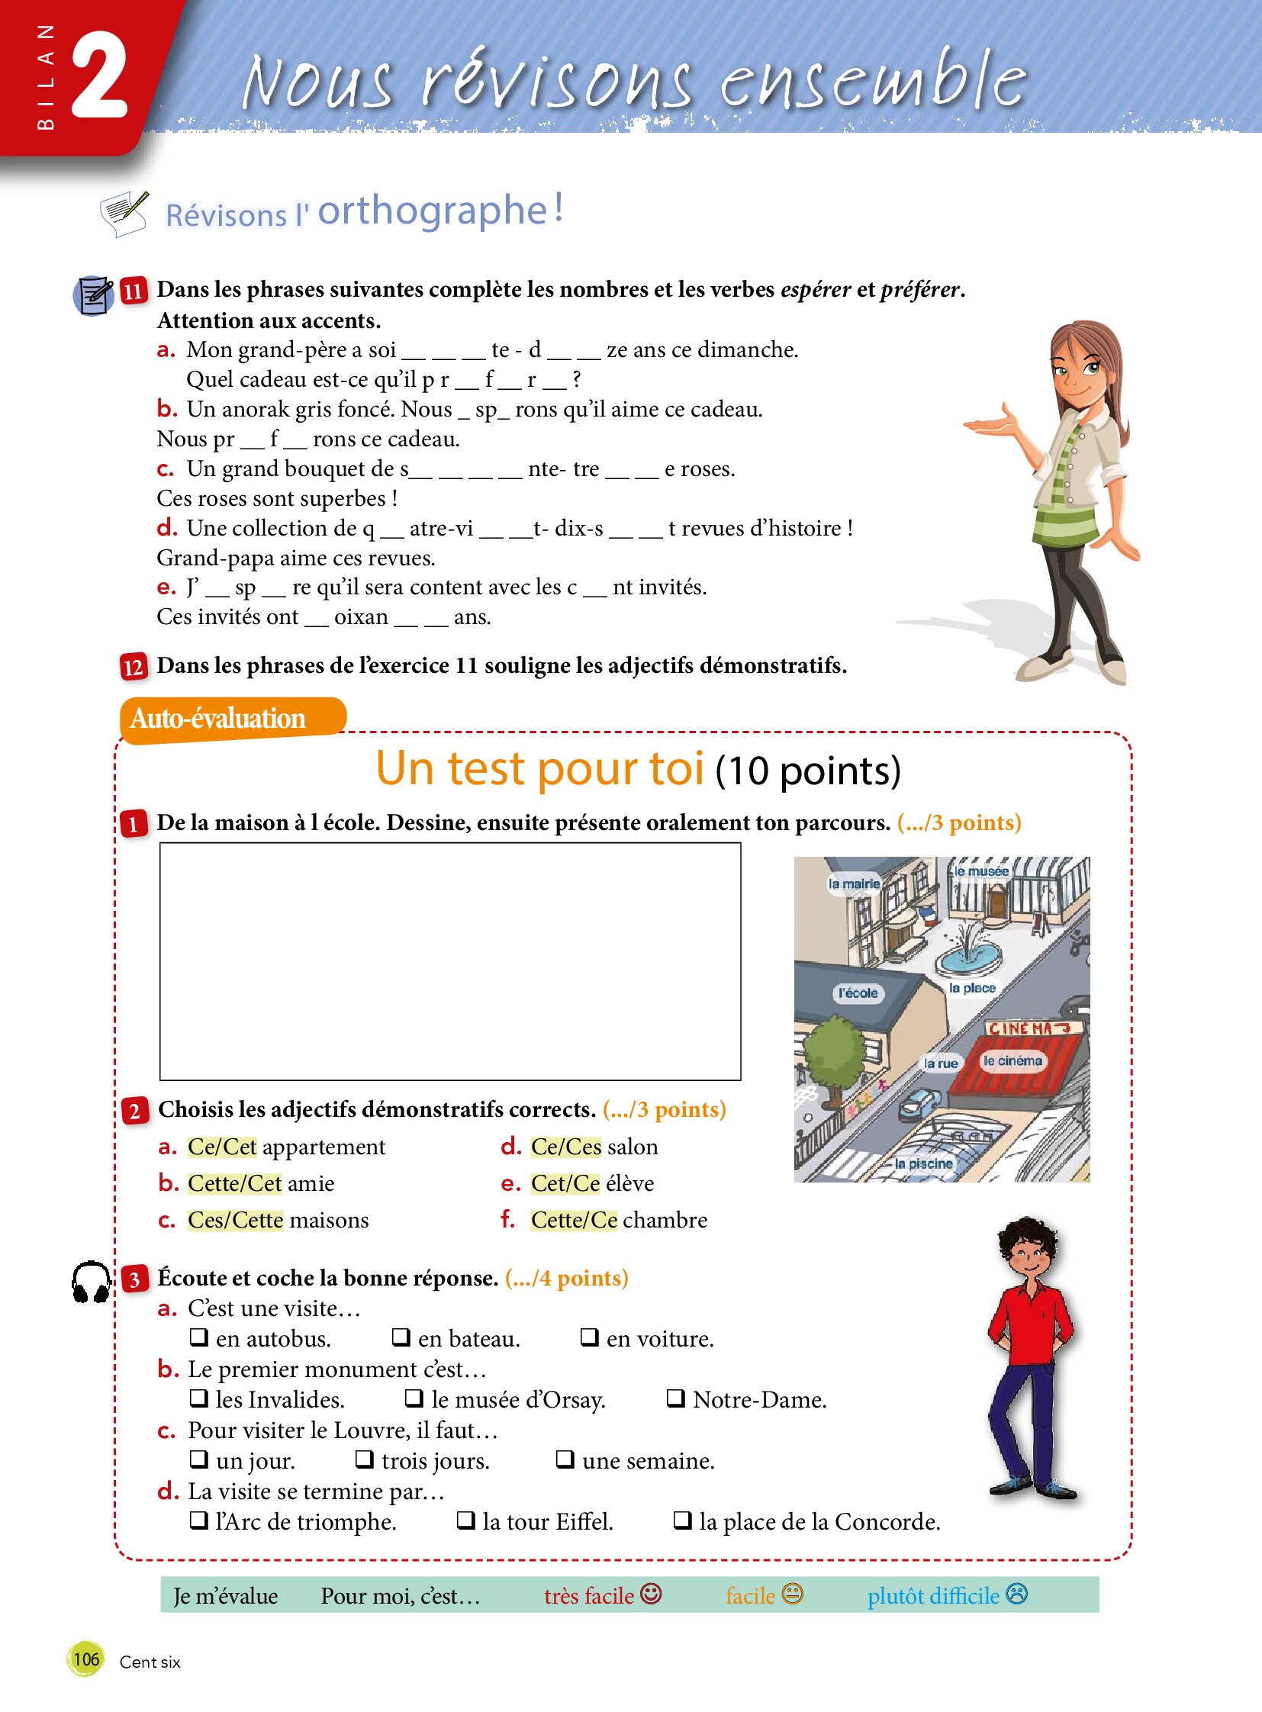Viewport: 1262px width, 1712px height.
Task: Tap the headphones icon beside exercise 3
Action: click(91, 1281)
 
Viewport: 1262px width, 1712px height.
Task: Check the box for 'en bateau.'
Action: click(401, 1337)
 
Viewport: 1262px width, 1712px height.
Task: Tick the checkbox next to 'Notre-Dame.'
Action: click(675, 1398)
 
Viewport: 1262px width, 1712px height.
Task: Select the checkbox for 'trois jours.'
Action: click(365, 1459)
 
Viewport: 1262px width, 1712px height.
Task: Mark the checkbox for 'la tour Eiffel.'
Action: click(465, 1521)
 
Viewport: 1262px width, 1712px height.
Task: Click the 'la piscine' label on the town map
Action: click(923, 1163)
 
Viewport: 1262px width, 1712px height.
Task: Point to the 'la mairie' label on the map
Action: click(854, 884)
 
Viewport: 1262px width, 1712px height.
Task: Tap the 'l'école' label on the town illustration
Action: click(858, 993)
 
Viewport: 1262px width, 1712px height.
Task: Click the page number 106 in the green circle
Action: click(85, 1659)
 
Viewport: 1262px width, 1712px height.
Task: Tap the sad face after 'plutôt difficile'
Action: click(1017, 1594)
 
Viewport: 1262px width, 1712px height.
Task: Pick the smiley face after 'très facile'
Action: click(651, 1594)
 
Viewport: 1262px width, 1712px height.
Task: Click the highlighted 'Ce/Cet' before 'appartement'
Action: click(222, 1147)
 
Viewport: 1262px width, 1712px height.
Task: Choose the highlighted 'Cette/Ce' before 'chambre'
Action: click(574, 1220)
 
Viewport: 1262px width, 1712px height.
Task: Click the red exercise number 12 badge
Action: click(134, 667)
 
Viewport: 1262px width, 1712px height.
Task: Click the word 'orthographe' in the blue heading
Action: click(433, 211)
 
